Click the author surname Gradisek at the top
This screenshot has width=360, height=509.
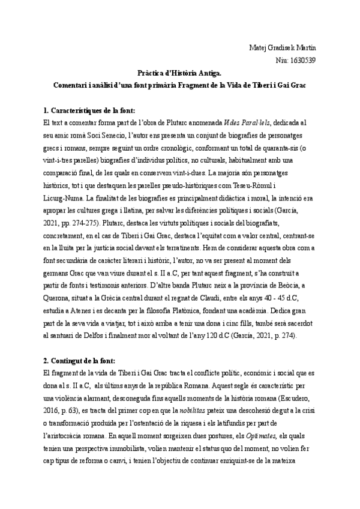coord(281,47)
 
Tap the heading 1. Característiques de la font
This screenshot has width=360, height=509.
coord(89,110)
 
